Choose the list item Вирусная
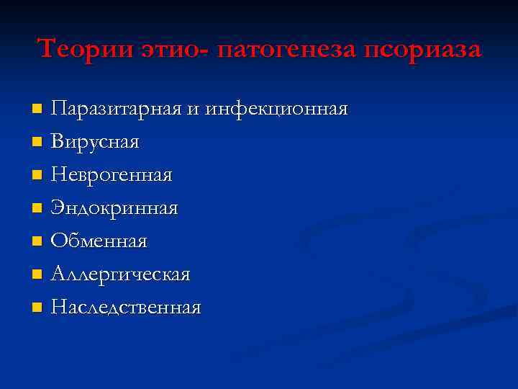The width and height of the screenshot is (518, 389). click(x=96, y=142)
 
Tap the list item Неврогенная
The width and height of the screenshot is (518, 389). click(x=112, y=175)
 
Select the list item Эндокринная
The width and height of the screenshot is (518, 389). click(x=114, y=208)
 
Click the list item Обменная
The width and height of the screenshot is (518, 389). click(x=99, y=241)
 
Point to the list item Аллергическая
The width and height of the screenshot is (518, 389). click(x=120, y=274)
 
